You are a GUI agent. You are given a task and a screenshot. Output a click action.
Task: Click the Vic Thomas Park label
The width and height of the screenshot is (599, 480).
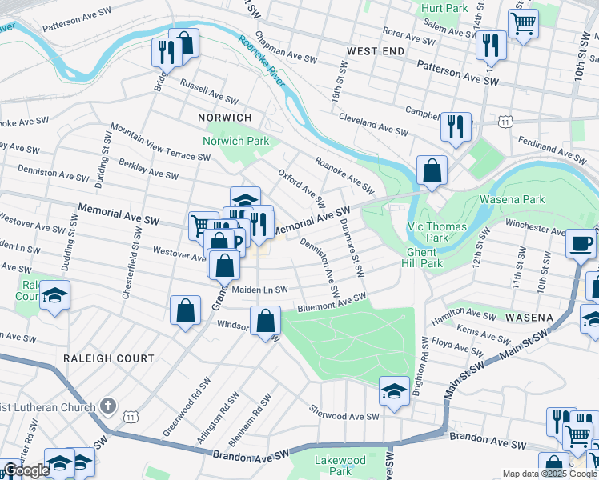pyautogui.click(x=436, y=232)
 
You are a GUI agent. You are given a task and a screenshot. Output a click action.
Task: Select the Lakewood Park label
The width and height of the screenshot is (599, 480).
pyautogui.click(x=340, y=466)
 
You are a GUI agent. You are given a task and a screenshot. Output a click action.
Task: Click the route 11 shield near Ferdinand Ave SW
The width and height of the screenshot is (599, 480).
pyautogui.click(x=505, y=121)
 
